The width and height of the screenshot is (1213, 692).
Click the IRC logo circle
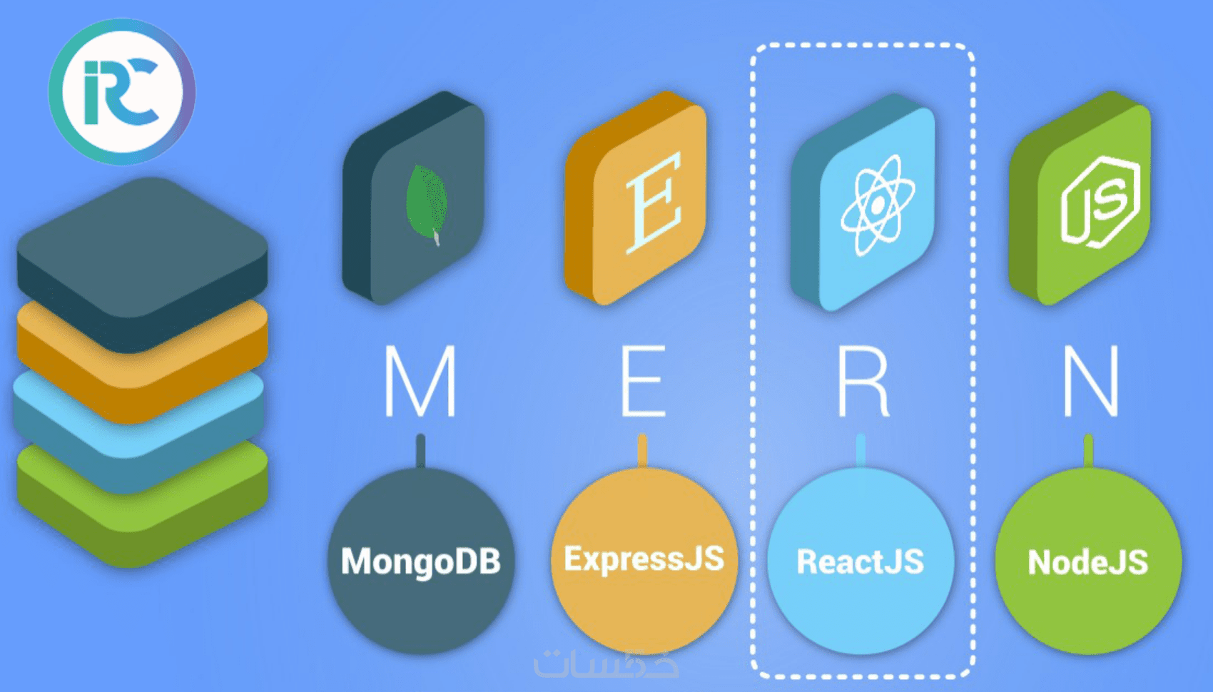(x=123, y=92)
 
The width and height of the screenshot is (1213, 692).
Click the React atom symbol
(x=877, y=205)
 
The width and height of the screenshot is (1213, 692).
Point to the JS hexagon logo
(x=1100, y=201)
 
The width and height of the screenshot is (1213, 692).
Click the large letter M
(x=420, y=381)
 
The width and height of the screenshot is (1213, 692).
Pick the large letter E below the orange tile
(x=644, y=381)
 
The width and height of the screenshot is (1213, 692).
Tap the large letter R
(x=863, y=381)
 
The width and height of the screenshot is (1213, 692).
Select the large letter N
(x=1090, y=381)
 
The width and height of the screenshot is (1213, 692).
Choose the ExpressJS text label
(x=644, y=560)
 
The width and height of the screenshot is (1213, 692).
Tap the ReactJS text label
(x=861, y=561)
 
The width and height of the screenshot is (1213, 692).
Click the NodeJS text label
(x=1088, y=562)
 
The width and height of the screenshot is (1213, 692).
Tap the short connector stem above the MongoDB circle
(x=421, y=450)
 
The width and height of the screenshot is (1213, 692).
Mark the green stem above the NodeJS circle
(x=1088, y=450)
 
